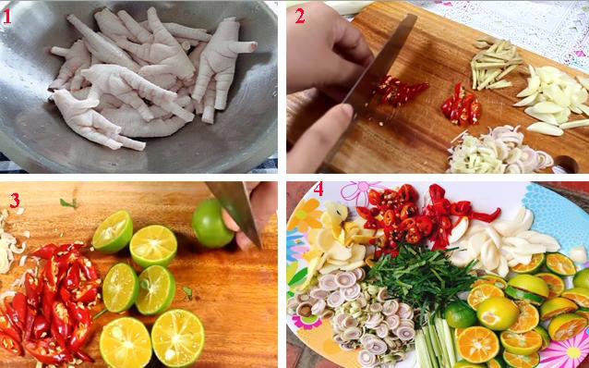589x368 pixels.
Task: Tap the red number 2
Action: [299, 15]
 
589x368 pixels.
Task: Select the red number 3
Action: [13, 201]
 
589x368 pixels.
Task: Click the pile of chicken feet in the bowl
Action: [148, 79]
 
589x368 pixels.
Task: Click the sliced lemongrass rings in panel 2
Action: [489, 153]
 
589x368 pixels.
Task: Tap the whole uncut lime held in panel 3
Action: [211, 223]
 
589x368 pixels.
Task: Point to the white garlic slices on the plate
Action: [503, 236]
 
